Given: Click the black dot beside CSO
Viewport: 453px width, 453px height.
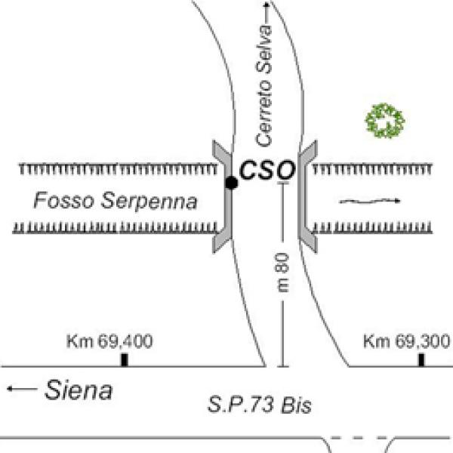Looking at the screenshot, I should point(232,183).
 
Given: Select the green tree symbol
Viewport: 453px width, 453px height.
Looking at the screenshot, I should point(385,121).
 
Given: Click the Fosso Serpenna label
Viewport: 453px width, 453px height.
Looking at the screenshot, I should point(116,202).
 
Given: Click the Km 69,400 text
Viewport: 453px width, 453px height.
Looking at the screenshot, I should point(109,341).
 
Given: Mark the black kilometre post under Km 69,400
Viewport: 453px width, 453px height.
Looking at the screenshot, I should point(124,360).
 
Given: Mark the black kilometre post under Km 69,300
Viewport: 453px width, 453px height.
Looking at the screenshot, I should point(421,360).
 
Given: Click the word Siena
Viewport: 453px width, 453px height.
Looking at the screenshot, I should point(79,390).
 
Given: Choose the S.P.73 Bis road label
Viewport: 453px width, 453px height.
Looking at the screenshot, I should point(260,405).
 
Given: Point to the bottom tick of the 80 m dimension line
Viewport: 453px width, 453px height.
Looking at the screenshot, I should point(282,366).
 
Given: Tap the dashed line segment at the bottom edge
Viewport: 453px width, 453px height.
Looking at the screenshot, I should point(361,437).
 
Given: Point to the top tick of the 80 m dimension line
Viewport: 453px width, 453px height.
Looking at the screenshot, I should point(282,183).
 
